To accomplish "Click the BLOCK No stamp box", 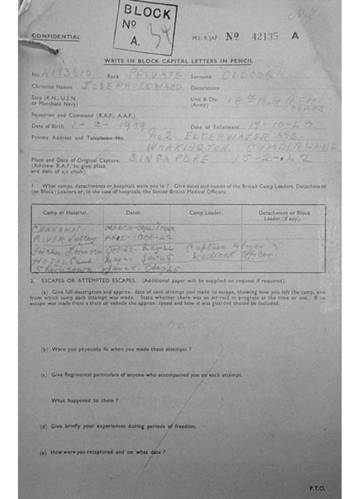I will (x=145, y=27).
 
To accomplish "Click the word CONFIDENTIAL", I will (x=56, y=37).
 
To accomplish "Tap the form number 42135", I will (x=265, y=36).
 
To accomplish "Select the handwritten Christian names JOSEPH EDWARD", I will (x=132, y=87).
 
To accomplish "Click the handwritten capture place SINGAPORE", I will (x=169, y=158).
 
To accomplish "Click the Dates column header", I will (x=133, y=212).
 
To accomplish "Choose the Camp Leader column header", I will (x=206, y=212).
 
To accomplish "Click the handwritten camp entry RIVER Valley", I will (x=64, y=239).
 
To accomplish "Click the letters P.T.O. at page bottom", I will (x=317, y=488).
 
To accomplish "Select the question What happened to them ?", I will (x=85, y=400).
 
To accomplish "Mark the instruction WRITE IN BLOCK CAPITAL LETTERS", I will (x=178, y=61).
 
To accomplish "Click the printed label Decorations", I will (x=205, y=88).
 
